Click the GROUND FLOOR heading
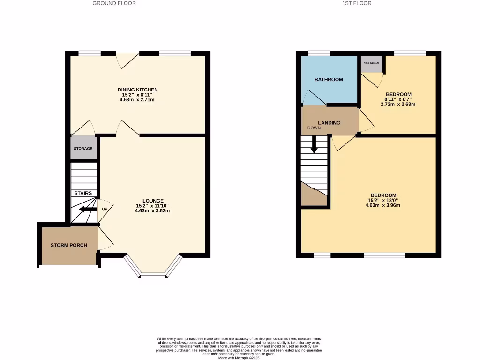pyautogui.click(x=114, y=3)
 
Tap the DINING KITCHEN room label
pyautogui.click(x=137, y=90)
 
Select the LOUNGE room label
pyautogui.click(x=152, y=200)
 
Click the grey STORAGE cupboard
pyautogui.click(x=83, y=148)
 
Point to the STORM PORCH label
pyautogui.click(x=69, y=245)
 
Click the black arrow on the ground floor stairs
pyautogui.click(x=87, y=209)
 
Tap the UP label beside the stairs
pyautogui.click(x=105, y=209)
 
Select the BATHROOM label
pyautogui.click(x=329, y=79)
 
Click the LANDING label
pyautogui.click(x=329, y=123)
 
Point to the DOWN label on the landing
pyautogui.click(x=314, y=128)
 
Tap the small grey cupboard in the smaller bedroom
pyautogui.click(x=371, y=64)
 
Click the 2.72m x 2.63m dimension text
pyautogui.click(x=398, y=104)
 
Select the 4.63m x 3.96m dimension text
pyautogui.click(x=383, y=205)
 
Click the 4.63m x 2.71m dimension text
pyautogui.click(x=137, y=100)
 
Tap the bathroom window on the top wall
pyautogui.click(x=318, y=53)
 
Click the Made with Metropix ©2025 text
pyautogui.click(x=239, y=358)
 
